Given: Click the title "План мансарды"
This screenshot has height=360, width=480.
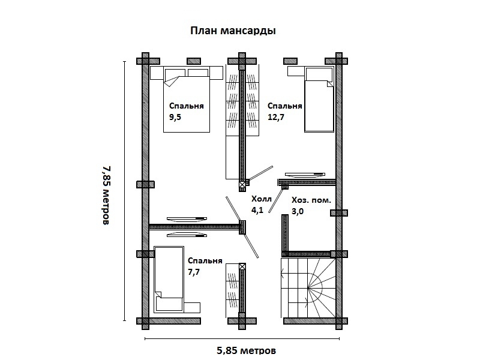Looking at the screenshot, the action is [x=233, y=31].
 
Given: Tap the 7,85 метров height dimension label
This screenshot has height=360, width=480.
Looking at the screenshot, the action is [x=106, y=196].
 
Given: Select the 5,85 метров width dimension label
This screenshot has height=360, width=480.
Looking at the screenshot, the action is [x=247, y=350].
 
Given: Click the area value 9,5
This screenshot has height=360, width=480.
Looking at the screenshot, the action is [x=175, y=117].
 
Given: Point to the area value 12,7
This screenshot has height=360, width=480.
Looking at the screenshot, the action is [x=276, y=117].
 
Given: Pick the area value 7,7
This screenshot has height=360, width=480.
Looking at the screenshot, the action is [x=194, y=272].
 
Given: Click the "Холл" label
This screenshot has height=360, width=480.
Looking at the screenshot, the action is [x=262, y=199].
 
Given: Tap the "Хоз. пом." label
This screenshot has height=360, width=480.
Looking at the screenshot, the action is [x=311, y=200].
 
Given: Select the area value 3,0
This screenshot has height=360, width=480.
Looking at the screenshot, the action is [x=298, y=211].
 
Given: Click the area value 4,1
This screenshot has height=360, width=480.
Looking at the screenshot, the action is [x=257, y=211].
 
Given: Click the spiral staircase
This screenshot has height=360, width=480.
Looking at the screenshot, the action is [x=308, y=288].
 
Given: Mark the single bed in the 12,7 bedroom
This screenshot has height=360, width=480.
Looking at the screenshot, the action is [x=319, y=100].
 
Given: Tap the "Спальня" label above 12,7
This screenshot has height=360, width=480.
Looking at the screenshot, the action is [x=284, y=106].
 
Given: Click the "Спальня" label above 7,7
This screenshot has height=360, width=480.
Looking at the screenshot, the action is [x=205, y=261].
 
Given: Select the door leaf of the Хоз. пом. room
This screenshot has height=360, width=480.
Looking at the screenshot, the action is [x=276, y=200].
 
